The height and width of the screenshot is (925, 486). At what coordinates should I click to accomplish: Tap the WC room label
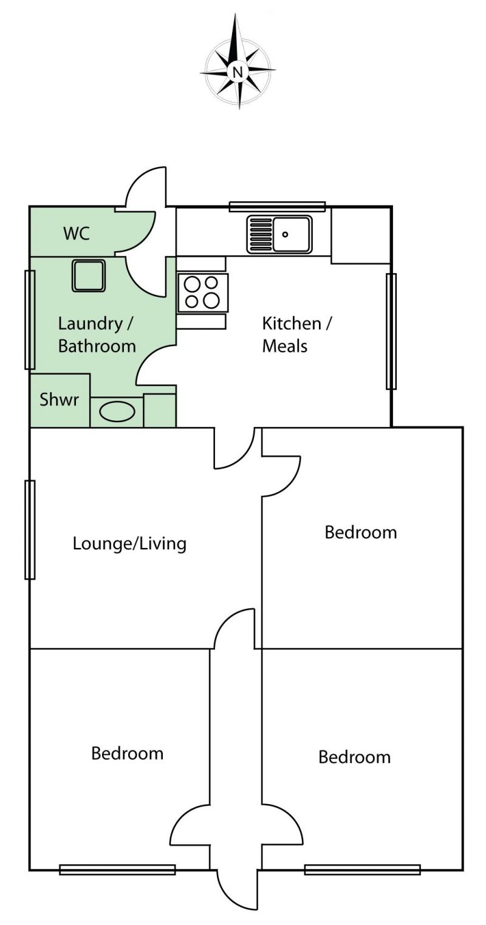pos(77,234)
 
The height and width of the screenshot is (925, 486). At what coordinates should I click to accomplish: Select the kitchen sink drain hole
pos(285,235)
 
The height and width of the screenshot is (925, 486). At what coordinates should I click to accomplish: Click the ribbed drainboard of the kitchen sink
pos(261,234)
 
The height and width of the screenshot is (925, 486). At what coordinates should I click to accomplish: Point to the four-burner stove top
pos(202,293)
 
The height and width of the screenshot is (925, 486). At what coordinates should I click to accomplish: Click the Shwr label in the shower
pos(59,400)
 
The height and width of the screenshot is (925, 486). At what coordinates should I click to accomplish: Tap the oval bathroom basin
pos(117,412)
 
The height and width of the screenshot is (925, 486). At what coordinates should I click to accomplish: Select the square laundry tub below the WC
pos(89,275)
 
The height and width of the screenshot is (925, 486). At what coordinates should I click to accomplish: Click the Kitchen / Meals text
pos(297,334)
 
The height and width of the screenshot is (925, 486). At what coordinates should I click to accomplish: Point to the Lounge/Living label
pos(129,544)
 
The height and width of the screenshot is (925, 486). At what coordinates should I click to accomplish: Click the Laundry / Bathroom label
pos(97,334)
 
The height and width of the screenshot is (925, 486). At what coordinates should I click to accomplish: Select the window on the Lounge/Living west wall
pos(30,530)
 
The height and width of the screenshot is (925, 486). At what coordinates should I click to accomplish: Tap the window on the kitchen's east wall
pos(391,331)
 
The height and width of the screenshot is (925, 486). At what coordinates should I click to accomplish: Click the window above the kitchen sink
pos(277,207)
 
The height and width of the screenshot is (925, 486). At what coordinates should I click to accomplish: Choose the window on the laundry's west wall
pos(30,319)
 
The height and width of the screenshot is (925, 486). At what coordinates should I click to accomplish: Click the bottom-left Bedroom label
pos(128,754)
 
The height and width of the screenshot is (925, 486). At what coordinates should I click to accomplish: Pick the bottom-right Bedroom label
pos(354,757)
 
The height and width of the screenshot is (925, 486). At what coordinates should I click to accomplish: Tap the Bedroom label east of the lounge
pos(361,532)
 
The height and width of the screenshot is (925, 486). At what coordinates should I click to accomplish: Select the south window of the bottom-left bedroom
pos(118,870)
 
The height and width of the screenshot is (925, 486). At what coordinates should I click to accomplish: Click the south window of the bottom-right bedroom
pos(363,870)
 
